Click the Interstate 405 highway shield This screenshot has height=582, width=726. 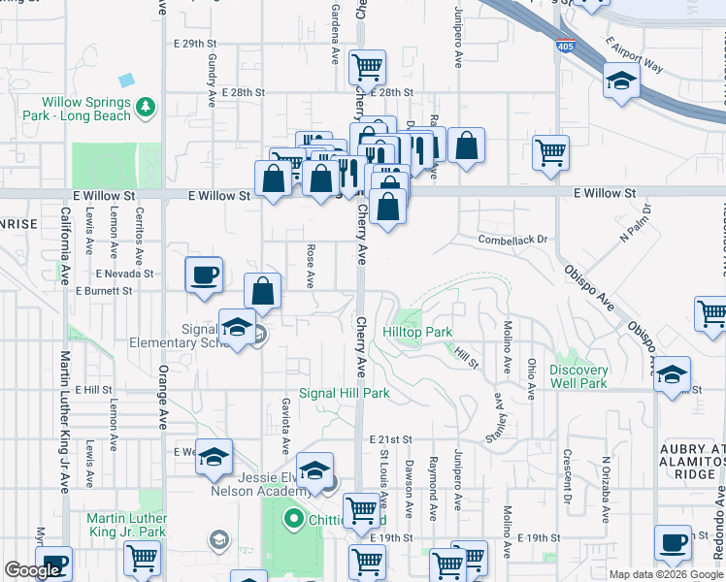[x=565, y=45]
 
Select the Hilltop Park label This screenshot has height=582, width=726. [x=417, y=332]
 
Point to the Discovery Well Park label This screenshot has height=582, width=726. [x=578, y=376]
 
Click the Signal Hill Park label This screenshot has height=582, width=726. [x=344, y=393]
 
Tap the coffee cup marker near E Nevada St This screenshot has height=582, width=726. [x=204, y=275]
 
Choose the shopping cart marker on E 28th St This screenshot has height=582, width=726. [x=367, y=68]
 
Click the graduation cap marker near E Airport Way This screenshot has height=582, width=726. [x=621, y=81]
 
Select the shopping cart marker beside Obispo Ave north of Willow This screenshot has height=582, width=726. [x=550, y=152]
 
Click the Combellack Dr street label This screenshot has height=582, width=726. [x=512, y=239]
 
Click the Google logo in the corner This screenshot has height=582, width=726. [x=32, y=570]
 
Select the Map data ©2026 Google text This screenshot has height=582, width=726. [x=665, y=574]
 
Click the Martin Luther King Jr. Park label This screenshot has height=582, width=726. [x=126, y=525]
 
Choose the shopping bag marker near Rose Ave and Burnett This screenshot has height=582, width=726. [x=262, y=290]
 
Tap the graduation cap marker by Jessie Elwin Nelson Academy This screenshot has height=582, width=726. [x=314, y=471]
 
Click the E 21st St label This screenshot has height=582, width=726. [x=391, y=439]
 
